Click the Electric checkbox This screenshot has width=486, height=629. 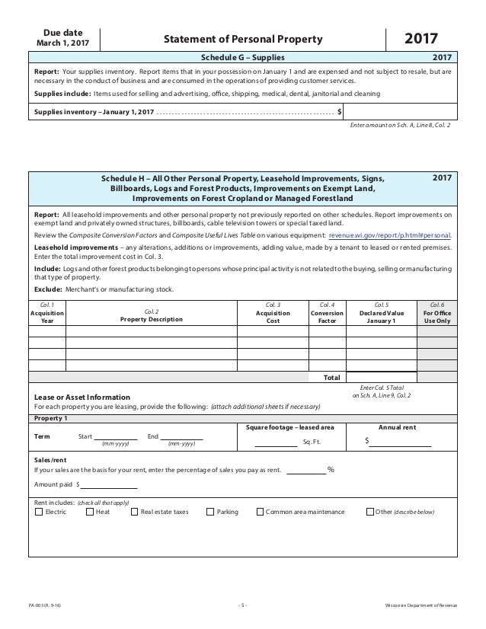(x=39, y=512)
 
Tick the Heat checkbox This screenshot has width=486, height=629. (x=90, y=512)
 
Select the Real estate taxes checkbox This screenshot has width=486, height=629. (x=135, y=512)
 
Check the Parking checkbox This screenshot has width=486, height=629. (x=211, y=512)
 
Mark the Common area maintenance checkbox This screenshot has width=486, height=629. (x=260, y=512)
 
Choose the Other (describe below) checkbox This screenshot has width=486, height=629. (x=370, y=512)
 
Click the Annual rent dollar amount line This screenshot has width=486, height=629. (x=400, y=442)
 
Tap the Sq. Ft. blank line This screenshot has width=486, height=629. (x=275, y=442)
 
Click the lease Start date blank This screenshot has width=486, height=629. (x=116, y=436)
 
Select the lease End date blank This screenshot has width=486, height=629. (x=181, y=436)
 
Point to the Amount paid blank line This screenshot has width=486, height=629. (x=109, y=484)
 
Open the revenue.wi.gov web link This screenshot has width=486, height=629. (x=389, y=236)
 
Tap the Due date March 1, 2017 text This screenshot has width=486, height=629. (x=63, y=40)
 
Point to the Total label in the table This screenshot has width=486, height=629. (x=331, y=377)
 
